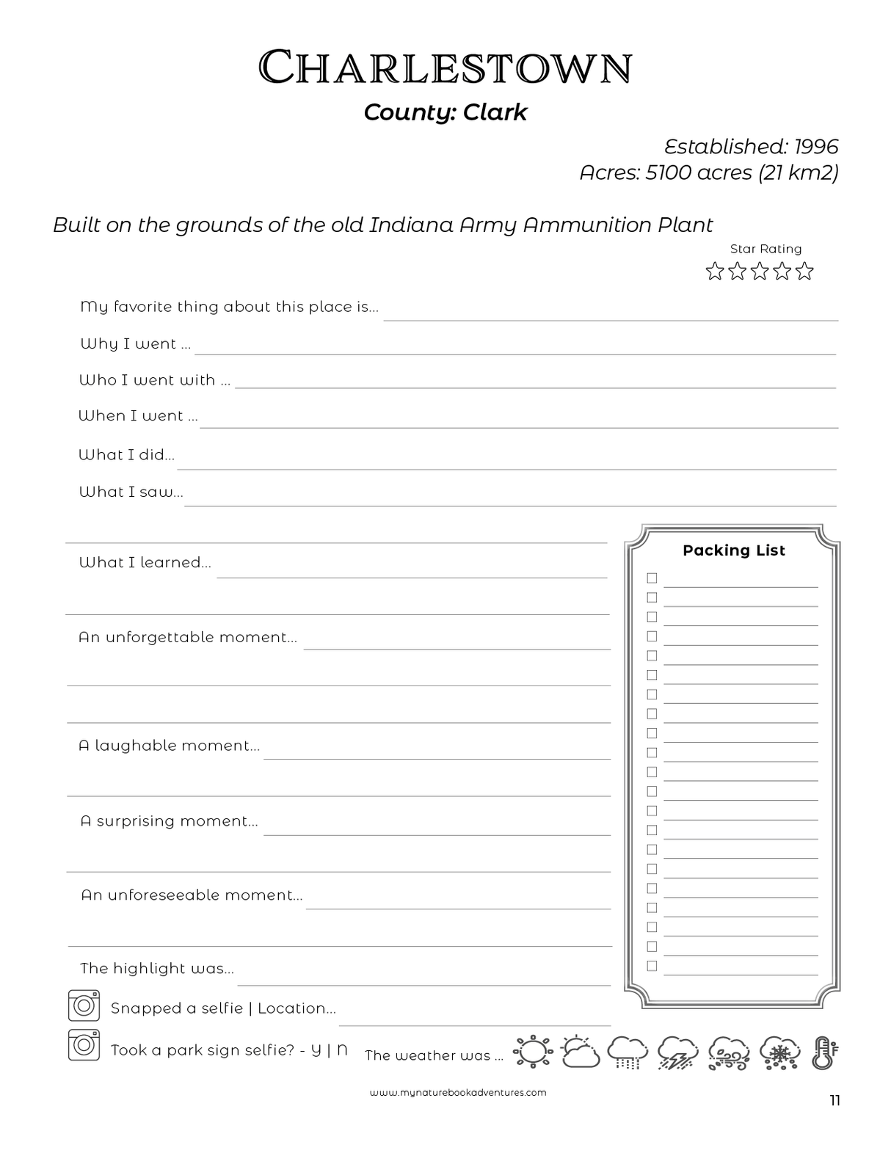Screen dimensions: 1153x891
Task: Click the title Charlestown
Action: [x=445, y=68]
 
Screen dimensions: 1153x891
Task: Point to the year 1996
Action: [x=816, y=147]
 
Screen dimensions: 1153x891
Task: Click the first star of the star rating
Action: [x=715, y=272]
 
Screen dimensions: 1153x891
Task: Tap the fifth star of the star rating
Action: [x=805, y=272]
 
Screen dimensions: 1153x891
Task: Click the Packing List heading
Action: [x=733, y=550]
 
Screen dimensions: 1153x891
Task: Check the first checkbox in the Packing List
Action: [x=652, y=578]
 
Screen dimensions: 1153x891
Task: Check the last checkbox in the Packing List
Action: [x=652, y=966]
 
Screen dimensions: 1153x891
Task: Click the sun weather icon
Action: [x=532, y=1052]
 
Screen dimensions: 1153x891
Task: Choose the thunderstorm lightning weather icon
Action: [x=677, y=1052]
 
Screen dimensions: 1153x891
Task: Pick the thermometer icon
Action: [x=824, y=1052]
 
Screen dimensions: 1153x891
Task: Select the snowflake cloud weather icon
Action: [x=779, y=1052]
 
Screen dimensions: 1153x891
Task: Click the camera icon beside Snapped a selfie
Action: [x=84, y=1005]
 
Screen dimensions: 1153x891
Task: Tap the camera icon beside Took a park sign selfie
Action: [x=84, y=1045]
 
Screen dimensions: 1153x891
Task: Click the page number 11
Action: [x=834, y=1100]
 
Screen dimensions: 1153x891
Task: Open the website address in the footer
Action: [x=458, y=1092]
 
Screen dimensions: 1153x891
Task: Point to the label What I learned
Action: [x=145, y=563]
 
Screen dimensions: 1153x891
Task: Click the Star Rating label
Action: [x=765, y=250]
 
